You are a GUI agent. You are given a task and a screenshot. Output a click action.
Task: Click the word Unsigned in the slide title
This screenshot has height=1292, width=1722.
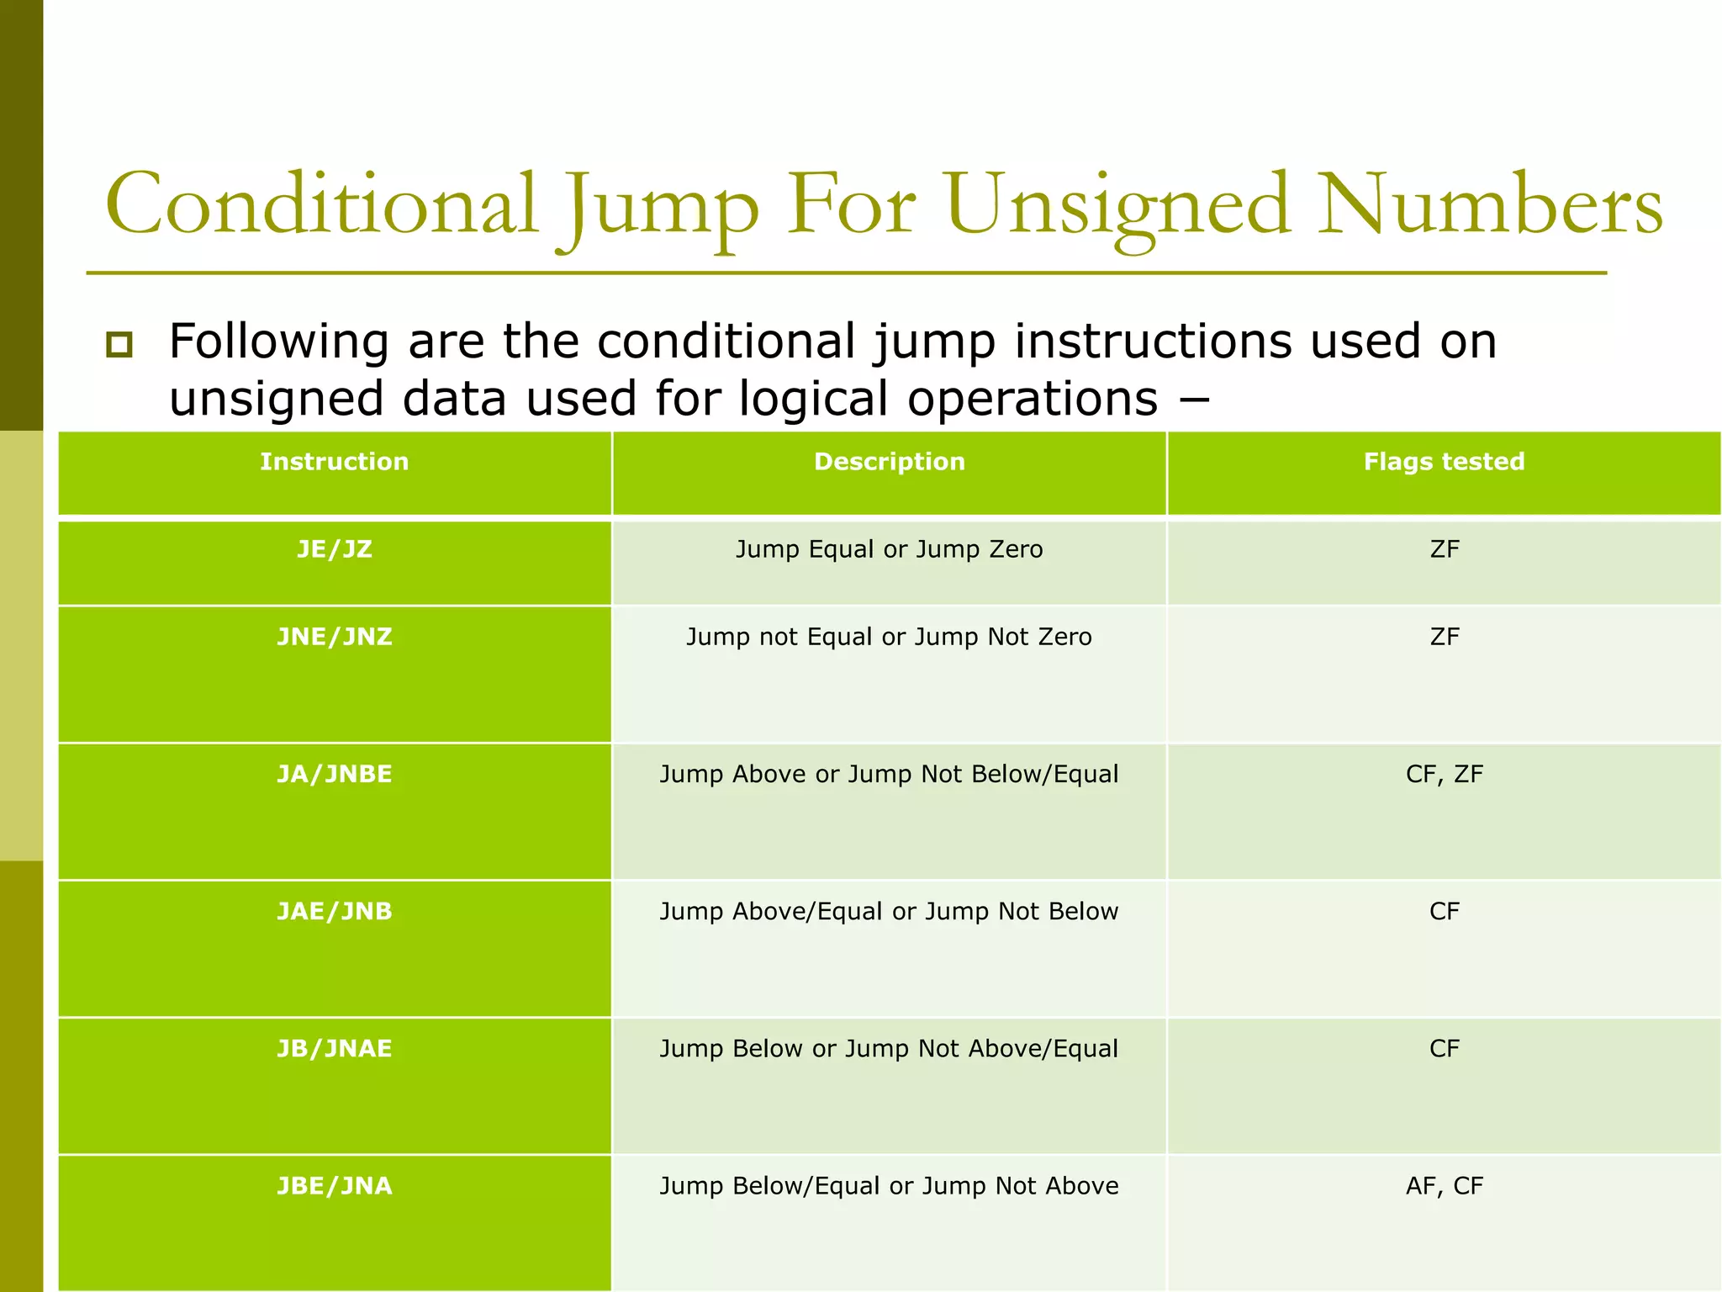click(x=1118, y=206)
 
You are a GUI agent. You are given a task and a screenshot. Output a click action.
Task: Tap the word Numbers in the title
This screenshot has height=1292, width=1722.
click(x=1490, y=206)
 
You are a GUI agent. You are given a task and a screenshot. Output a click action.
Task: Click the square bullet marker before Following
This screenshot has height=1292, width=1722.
click(x=119, y=344)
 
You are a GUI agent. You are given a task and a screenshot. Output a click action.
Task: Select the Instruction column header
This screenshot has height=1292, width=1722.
click(x=334, y=462)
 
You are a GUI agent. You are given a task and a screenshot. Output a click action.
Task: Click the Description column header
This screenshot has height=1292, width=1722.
click(x=889, y=462)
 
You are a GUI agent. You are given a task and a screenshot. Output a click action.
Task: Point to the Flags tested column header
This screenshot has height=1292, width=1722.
click(x=1444, y=462)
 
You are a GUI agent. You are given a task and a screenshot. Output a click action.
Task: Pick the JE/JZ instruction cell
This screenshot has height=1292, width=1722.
click(x=334, y=549)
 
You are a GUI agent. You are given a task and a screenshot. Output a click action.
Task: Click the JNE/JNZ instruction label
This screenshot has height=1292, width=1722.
click(x=334, y=637)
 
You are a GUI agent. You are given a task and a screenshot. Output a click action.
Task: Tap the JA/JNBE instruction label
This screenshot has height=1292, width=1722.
click(x=334, y=774)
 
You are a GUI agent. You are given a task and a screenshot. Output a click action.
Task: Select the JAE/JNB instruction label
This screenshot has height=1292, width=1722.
click(x=334, y=911)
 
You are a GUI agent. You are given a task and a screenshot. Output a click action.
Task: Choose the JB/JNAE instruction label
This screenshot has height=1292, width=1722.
click(x=334, y=1049)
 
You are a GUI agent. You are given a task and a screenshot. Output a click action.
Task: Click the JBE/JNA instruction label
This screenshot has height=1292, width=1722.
click(x=334, y=1186)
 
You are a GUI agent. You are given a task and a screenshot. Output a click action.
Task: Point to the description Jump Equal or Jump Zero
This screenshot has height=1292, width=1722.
click(x=889, y=549)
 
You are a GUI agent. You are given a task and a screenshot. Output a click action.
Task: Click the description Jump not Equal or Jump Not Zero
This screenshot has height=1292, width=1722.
click(x=889, y=637)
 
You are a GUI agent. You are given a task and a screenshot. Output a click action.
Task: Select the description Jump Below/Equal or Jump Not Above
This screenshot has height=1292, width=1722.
click(x=889, y=1186)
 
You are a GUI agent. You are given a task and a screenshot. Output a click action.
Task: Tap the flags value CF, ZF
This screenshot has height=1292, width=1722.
click(x=1444, y=774)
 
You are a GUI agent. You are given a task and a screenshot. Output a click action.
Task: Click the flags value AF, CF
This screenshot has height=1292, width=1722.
click(x=1444, y=1186)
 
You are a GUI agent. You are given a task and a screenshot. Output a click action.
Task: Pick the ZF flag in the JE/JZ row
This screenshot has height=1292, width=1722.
click(x=1444, y=549)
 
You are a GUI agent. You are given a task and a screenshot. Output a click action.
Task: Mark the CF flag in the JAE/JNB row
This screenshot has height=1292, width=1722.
click(x=1444, y=911)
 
